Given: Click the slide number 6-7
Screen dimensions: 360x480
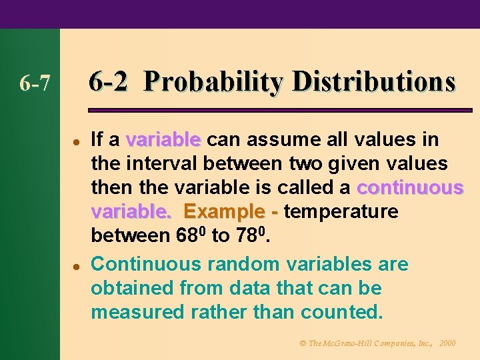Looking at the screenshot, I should click(x=35, y=84).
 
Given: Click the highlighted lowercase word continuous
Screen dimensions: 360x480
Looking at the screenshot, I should click(x=410, y=187).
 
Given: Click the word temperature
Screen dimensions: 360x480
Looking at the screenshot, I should click(x=341, y=212).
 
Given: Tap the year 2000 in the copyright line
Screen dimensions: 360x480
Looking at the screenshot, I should click(x=447, y=343).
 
